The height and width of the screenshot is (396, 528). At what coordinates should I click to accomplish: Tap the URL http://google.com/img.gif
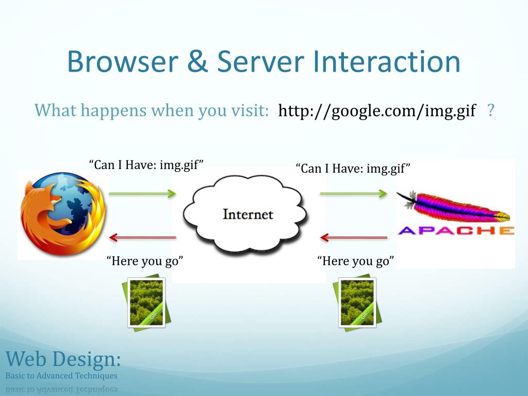tap(376, 110)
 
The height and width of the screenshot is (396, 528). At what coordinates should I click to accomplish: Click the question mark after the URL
tap(490, 110)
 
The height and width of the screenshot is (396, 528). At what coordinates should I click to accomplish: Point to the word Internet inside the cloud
tap(247, 214)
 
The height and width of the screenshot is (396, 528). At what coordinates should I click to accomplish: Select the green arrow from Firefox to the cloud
tap(142, 193)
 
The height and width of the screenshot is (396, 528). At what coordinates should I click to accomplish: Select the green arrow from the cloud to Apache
tap(353, 193)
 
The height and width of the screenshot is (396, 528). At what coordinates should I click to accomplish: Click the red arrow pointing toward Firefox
tap(142, 238)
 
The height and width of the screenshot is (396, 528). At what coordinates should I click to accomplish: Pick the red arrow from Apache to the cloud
tap(353, 238)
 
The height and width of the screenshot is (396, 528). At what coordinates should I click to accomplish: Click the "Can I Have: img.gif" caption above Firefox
tap(146, 165)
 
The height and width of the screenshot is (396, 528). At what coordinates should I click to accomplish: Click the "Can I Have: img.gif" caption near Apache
tap(353, 168)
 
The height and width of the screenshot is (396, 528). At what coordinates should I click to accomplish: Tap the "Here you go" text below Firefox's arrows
tap(145, 261)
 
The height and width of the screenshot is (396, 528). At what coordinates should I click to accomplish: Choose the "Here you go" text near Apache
tap(356, 261)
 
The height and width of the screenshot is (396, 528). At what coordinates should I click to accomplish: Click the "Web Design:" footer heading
tap(63, 358)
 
